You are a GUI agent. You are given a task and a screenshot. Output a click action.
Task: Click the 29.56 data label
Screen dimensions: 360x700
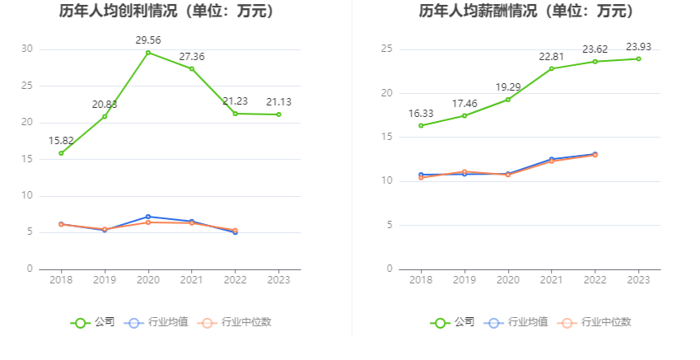point(148,39)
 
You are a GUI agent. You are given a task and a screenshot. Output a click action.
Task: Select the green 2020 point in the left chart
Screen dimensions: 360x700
point(148,53)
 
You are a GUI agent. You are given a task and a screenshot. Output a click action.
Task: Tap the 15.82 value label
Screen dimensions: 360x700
point(61,139)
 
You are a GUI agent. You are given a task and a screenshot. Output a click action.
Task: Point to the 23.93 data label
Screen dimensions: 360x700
point(638,46)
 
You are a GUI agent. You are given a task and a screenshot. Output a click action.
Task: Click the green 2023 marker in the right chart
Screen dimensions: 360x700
point(638,58)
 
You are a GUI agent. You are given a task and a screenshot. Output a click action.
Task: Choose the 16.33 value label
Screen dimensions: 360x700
point(421,113)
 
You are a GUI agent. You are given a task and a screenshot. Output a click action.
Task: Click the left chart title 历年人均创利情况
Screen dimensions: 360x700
point(166,12)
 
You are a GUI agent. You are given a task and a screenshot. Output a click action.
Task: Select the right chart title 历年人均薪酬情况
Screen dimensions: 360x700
point(526,12)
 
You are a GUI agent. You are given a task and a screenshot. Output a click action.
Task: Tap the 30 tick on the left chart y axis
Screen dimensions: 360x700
point(27,49)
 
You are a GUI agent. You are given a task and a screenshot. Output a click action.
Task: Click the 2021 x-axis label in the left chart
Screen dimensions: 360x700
point(191,280)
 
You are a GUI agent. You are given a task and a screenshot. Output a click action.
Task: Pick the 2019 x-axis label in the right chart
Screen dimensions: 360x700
point(464,280)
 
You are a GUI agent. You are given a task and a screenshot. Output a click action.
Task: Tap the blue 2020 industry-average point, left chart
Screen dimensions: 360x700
point(148,217)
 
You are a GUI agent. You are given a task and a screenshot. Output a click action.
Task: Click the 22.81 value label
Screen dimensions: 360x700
point(552,56)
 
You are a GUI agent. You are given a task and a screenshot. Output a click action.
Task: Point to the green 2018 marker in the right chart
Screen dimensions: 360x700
point(421,125)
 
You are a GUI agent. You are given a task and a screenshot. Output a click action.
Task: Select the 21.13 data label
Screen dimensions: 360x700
point(278,102)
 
